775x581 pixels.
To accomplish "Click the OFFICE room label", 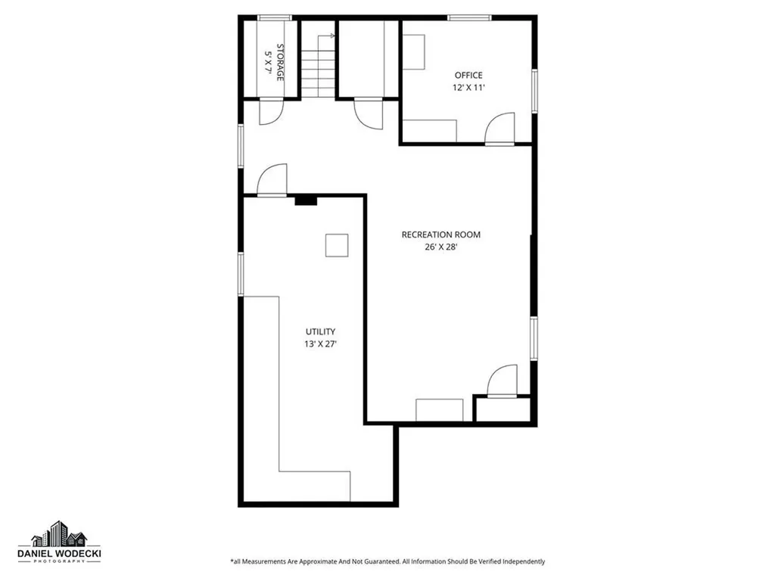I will tap(468, 75).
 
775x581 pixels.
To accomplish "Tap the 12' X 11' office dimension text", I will tap(468, 88).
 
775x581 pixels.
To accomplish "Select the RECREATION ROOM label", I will tap(440, 235).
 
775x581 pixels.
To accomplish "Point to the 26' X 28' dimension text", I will tap(440, 247).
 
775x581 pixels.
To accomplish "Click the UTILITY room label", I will tap(320, 331).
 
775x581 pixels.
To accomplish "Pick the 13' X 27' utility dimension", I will tap(320, 344).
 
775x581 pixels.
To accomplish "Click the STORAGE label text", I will tap(279, 63).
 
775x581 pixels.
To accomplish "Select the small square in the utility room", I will tap(337, 246).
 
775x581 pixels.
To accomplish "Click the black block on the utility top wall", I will tap(306, 200).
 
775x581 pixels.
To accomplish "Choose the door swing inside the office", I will tap(500, 128).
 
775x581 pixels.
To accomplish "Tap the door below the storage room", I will tap(270, 111).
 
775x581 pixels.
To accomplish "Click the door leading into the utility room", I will tap(272, 180).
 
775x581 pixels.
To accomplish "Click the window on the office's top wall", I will tap(469, 17).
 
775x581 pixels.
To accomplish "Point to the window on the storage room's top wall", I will tap(274, 17).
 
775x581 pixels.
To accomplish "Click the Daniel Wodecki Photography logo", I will tap(65, 543).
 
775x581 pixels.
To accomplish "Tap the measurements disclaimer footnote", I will tap(387, 561).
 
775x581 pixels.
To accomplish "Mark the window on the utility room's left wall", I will tap(241, 274).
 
